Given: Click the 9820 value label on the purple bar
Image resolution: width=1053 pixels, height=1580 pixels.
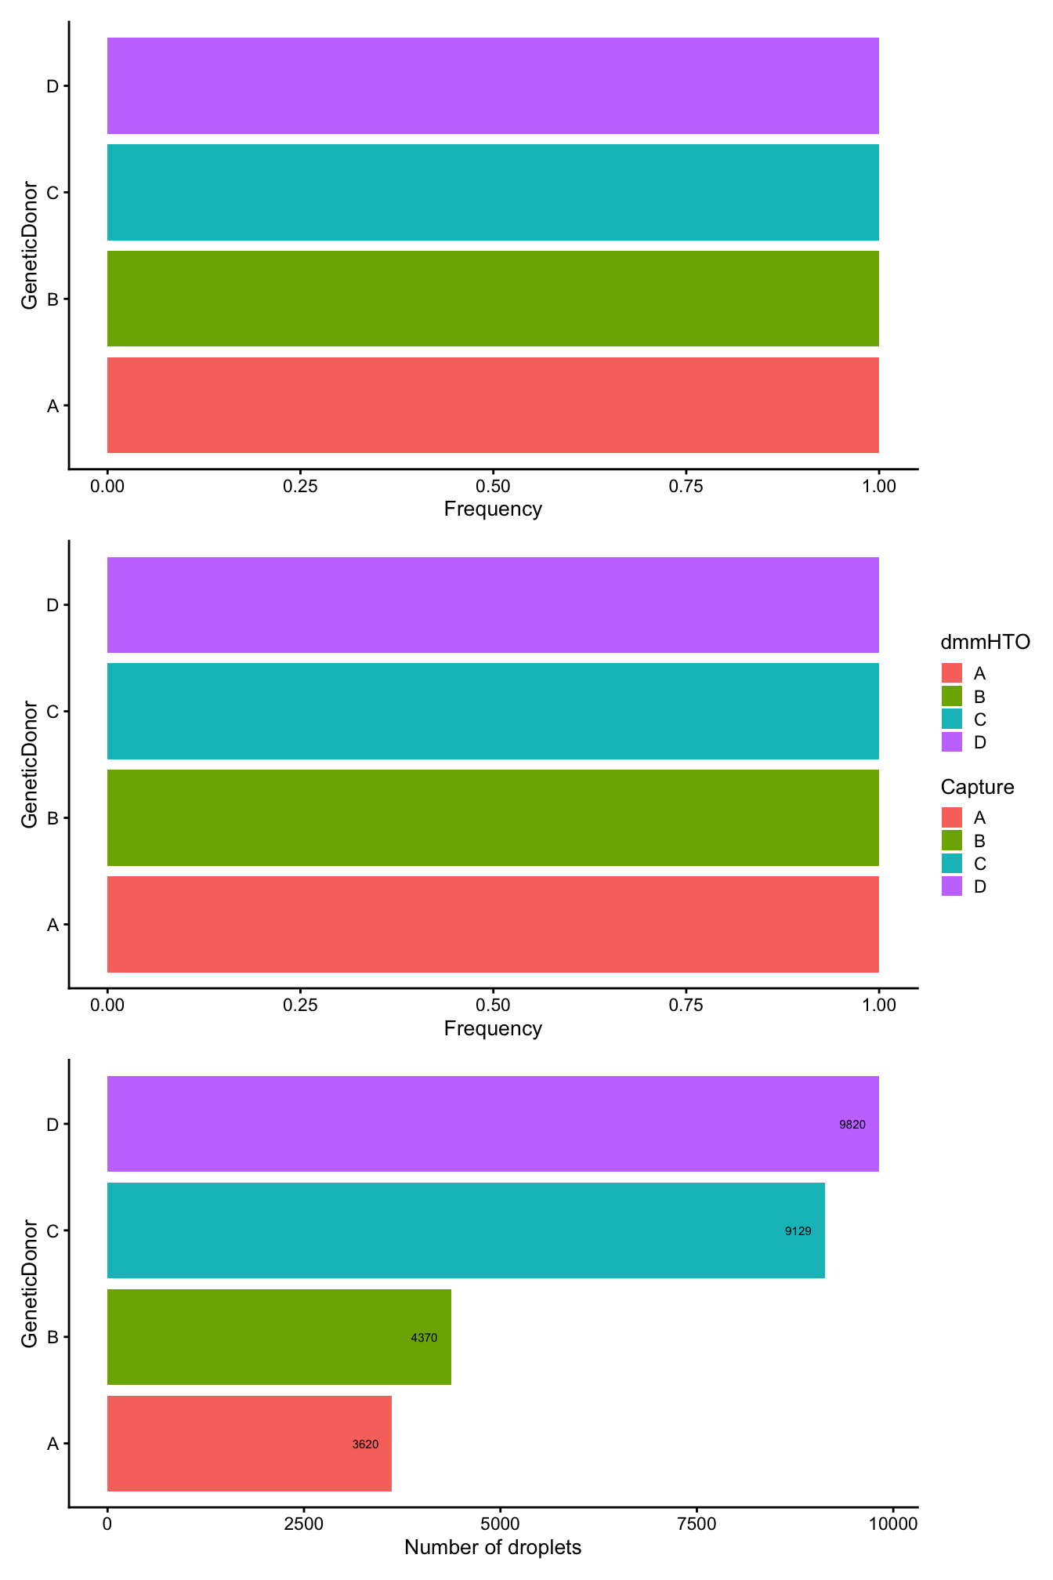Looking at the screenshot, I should (x=852, y=1125).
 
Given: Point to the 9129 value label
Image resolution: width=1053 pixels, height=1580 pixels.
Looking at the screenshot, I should (x=798, y=1231).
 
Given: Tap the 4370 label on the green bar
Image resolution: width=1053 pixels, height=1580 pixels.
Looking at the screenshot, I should (x=424, y=1338).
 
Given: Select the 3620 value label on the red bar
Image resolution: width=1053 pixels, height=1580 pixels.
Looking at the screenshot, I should (x=365, y=1444).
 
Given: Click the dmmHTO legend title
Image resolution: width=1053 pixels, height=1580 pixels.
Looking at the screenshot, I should (x=985, y=643).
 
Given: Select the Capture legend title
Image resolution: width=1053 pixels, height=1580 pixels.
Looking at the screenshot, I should (x=977, y=787).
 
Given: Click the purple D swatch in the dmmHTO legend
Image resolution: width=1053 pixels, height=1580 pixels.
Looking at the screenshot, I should (x=951, y=742).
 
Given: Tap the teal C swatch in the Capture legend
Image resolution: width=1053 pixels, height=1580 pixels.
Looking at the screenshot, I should (x=951, y=864).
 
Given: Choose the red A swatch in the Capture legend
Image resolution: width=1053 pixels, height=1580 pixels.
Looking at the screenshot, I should (x=951, y=817).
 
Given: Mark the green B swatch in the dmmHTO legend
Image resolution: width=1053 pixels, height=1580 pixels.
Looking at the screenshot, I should (x=951, y=696).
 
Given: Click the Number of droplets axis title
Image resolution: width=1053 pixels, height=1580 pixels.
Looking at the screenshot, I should (x=493, y=1547).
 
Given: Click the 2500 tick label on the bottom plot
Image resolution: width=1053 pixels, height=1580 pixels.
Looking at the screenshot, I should (x=303, y=1524).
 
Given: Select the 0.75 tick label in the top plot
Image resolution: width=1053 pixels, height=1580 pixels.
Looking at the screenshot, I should (x=686, y=487).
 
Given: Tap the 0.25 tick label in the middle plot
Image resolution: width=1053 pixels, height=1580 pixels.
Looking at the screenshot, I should (x=300, y=1006).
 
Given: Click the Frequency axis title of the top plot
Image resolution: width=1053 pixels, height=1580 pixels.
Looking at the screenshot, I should (x=493, y=509).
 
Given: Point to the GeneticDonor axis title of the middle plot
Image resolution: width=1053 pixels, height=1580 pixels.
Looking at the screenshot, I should (x=29, y=764).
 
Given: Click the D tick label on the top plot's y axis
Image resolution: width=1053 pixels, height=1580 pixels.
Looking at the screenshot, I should (x=52, y=86).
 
